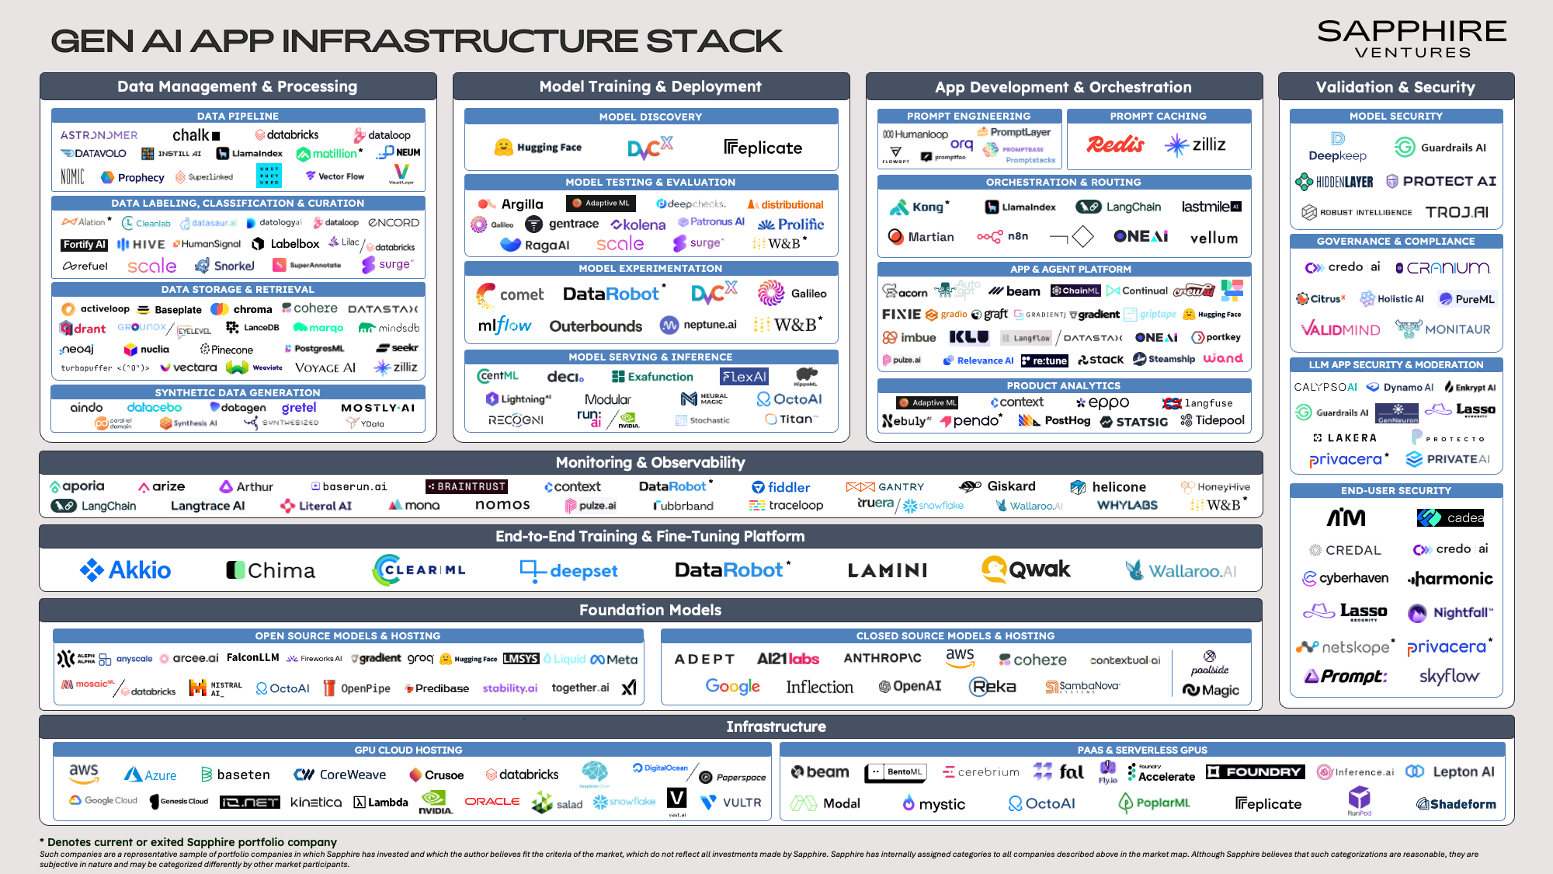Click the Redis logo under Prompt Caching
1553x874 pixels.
tap(1115, 145)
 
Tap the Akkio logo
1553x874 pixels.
tap(125, 570)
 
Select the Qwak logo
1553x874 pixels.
tap(1026, 569)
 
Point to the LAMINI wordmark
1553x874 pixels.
tap(888, 571)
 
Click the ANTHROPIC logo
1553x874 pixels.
tap(882, 658)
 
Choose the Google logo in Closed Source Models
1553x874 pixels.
tap(732, 687)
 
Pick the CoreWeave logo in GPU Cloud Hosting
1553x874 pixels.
tap(339, 775)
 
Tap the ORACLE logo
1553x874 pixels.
tap(492, 801)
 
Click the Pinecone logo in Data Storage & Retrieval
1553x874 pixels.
tap(227, 350)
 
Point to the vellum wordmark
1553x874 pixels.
tap(1214, 238)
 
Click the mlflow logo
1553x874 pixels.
tap(504, 326)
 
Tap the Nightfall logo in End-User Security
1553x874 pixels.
tap(1451, 613)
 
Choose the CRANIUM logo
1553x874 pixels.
tap(1443, 268)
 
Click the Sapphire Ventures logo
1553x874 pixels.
tap(1412, 39)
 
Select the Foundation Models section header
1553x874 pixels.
tap(650, 610)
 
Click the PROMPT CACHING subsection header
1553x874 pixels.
tap(1158, 117)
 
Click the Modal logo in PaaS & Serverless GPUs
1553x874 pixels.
tap(825, 803)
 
